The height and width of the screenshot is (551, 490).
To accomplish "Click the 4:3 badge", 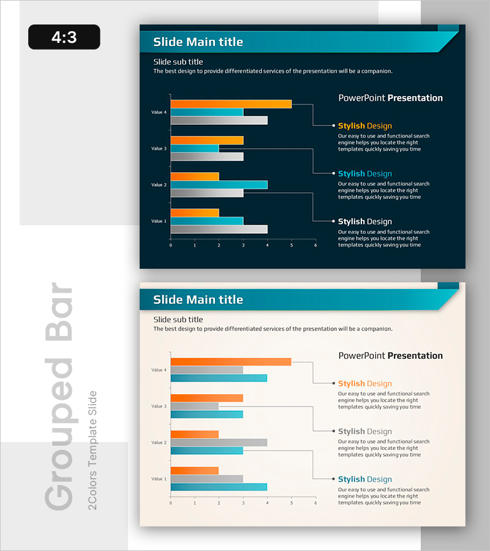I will coord(64,37).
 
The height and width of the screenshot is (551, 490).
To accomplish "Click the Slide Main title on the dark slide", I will coord(198,42).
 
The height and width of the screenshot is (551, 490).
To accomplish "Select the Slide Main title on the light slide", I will coord(198,300).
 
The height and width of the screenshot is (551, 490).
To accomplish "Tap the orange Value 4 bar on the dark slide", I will coord(231,104).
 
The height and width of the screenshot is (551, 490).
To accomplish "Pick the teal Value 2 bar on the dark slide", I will coord(219,185).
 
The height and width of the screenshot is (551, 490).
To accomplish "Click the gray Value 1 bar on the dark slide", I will coord(219,230).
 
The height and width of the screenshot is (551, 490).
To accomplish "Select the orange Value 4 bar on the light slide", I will coord(231,362).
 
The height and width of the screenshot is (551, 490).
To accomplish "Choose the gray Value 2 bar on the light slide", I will coord(219,443).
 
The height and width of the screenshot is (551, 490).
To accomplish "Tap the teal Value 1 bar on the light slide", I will coord(219,487).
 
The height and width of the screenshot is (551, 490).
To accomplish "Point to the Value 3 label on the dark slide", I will coord(159,149).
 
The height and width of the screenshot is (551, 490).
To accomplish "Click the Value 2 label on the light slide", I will coord(159,443).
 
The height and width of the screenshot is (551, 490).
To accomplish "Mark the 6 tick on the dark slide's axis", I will coord(315,246).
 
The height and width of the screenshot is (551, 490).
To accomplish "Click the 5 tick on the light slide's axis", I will coord(292,503).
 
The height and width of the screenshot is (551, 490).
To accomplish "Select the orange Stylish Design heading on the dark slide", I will coord(364,126).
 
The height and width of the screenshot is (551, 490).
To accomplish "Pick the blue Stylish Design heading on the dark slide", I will coord(364,174).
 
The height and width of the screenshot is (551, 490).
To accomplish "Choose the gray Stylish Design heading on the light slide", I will coord(364,432).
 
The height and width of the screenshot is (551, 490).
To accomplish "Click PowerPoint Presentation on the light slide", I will coord(390,356).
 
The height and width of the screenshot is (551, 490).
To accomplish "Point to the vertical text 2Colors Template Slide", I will coord(93,450).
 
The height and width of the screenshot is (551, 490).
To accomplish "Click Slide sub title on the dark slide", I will coord(178,62).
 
